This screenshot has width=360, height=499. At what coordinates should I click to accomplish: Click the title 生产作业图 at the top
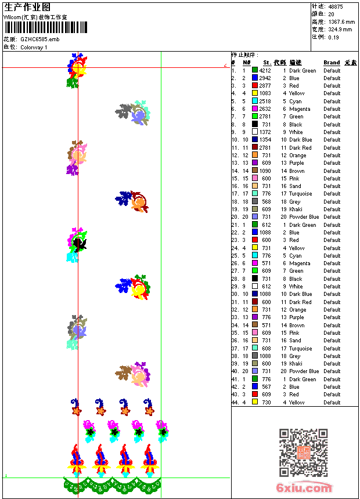tap(27, 7)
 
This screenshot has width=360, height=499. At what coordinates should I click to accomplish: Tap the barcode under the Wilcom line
tap(46, 27)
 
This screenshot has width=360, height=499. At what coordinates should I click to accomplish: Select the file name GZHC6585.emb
tap(39, 39)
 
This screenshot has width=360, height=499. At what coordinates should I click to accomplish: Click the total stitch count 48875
tap(336, 6)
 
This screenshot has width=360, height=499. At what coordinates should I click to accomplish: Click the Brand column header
tap(332, 63)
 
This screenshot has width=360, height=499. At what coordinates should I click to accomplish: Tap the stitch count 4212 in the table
tap(265, 71)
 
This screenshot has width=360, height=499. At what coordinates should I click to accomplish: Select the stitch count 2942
tap(265, 78)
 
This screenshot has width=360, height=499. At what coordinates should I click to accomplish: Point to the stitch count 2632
tap(265, 109)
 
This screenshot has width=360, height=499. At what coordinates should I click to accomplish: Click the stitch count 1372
tap(265, 132)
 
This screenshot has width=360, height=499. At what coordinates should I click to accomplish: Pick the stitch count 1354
tap(265, 140)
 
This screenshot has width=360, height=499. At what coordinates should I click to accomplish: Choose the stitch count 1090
tap(265, 171)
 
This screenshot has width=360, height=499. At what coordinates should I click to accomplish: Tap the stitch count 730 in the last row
tap(266, 403)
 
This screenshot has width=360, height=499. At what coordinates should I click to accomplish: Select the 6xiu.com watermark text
tap(304, 488)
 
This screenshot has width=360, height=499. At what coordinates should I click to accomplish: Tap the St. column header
tap(267, 63)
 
